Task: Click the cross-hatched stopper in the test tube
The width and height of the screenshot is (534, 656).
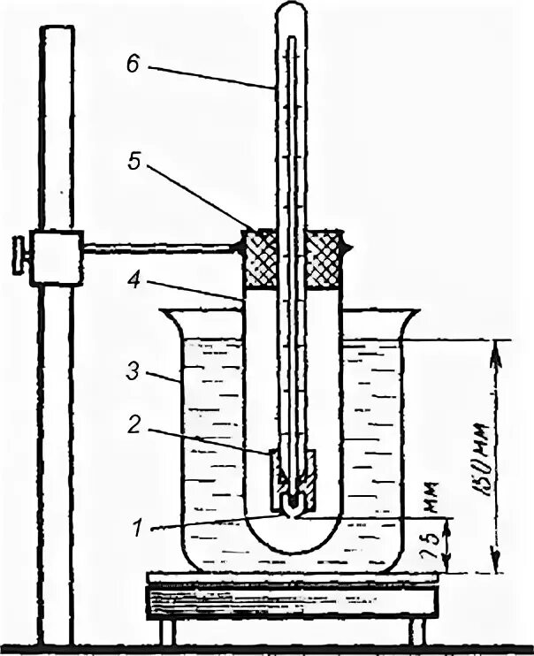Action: coord(292,259)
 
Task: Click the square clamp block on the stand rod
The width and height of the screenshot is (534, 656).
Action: coord(55,256)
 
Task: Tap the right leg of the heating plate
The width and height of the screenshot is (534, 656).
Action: coord(415,635)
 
